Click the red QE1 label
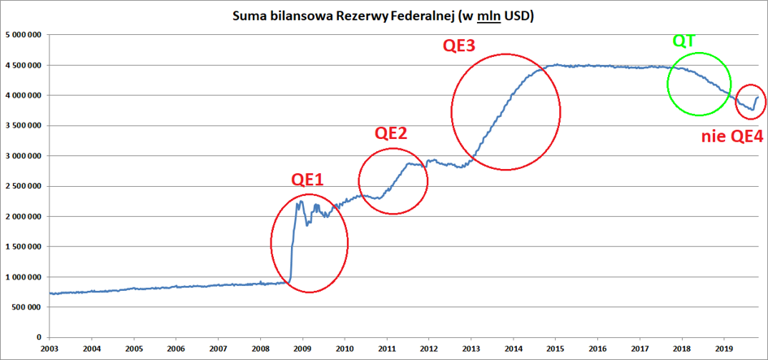[307, 180]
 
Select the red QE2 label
[390, 134]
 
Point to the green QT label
[684, 41]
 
